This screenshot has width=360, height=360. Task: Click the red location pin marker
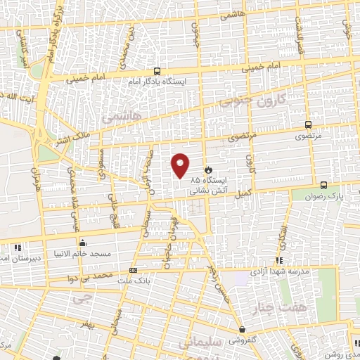181,165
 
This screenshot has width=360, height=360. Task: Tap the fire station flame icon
208,169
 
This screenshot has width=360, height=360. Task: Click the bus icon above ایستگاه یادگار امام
156,71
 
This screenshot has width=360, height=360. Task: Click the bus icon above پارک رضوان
323,185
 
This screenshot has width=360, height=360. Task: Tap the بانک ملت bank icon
134,270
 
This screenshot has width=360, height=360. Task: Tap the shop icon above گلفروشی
242,330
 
